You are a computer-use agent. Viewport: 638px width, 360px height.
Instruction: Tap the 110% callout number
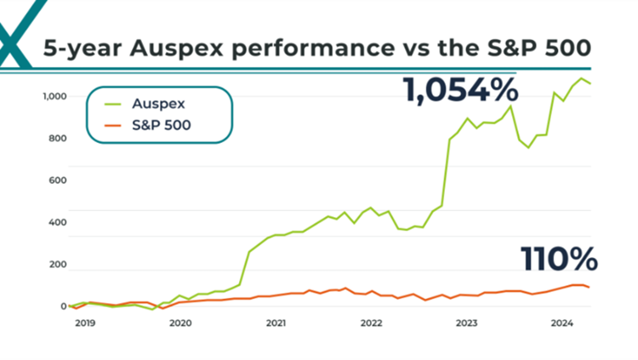[559, 259]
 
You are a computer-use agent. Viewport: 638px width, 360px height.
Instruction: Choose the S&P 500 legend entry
[161, 126]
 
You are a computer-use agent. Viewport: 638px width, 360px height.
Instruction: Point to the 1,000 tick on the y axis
[54, 96]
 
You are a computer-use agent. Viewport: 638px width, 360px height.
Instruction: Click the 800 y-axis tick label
[56, 138]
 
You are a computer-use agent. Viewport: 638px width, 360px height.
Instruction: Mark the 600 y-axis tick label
[56, 180]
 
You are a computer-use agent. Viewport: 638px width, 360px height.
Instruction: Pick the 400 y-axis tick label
[56, 223]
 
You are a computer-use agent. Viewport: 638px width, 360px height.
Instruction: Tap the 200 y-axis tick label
[56, 266]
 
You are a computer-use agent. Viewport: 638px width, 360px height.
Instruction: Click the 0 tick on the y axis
[62, 306]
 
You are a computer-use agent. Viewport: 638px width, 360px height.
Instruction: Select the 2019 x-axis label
[84, 323]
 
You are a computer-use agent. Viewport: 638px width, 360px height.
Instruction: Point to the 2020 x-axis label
[179, 323]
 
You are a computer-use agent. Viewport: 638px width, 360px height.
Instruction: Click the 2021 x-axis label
[275, 323]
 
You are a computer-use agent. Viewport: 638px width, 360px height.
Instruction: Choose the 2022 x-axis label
[371, 323]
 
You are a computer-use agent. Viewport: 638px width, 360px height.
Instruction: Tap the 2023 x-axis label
[466, 323]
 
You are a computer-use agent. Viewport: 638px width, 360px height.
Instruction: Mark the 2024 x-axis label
[561, 323]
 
